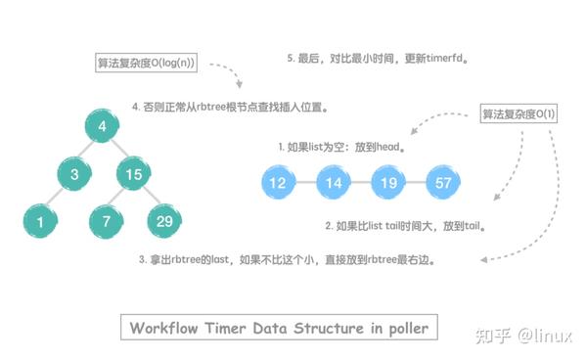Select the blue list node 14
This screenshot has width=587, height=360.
coord(334,182)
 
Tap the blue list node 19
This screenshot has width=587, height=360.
coord(387,182)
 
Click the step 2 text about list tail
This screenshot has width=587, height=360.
coord(406,224)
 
